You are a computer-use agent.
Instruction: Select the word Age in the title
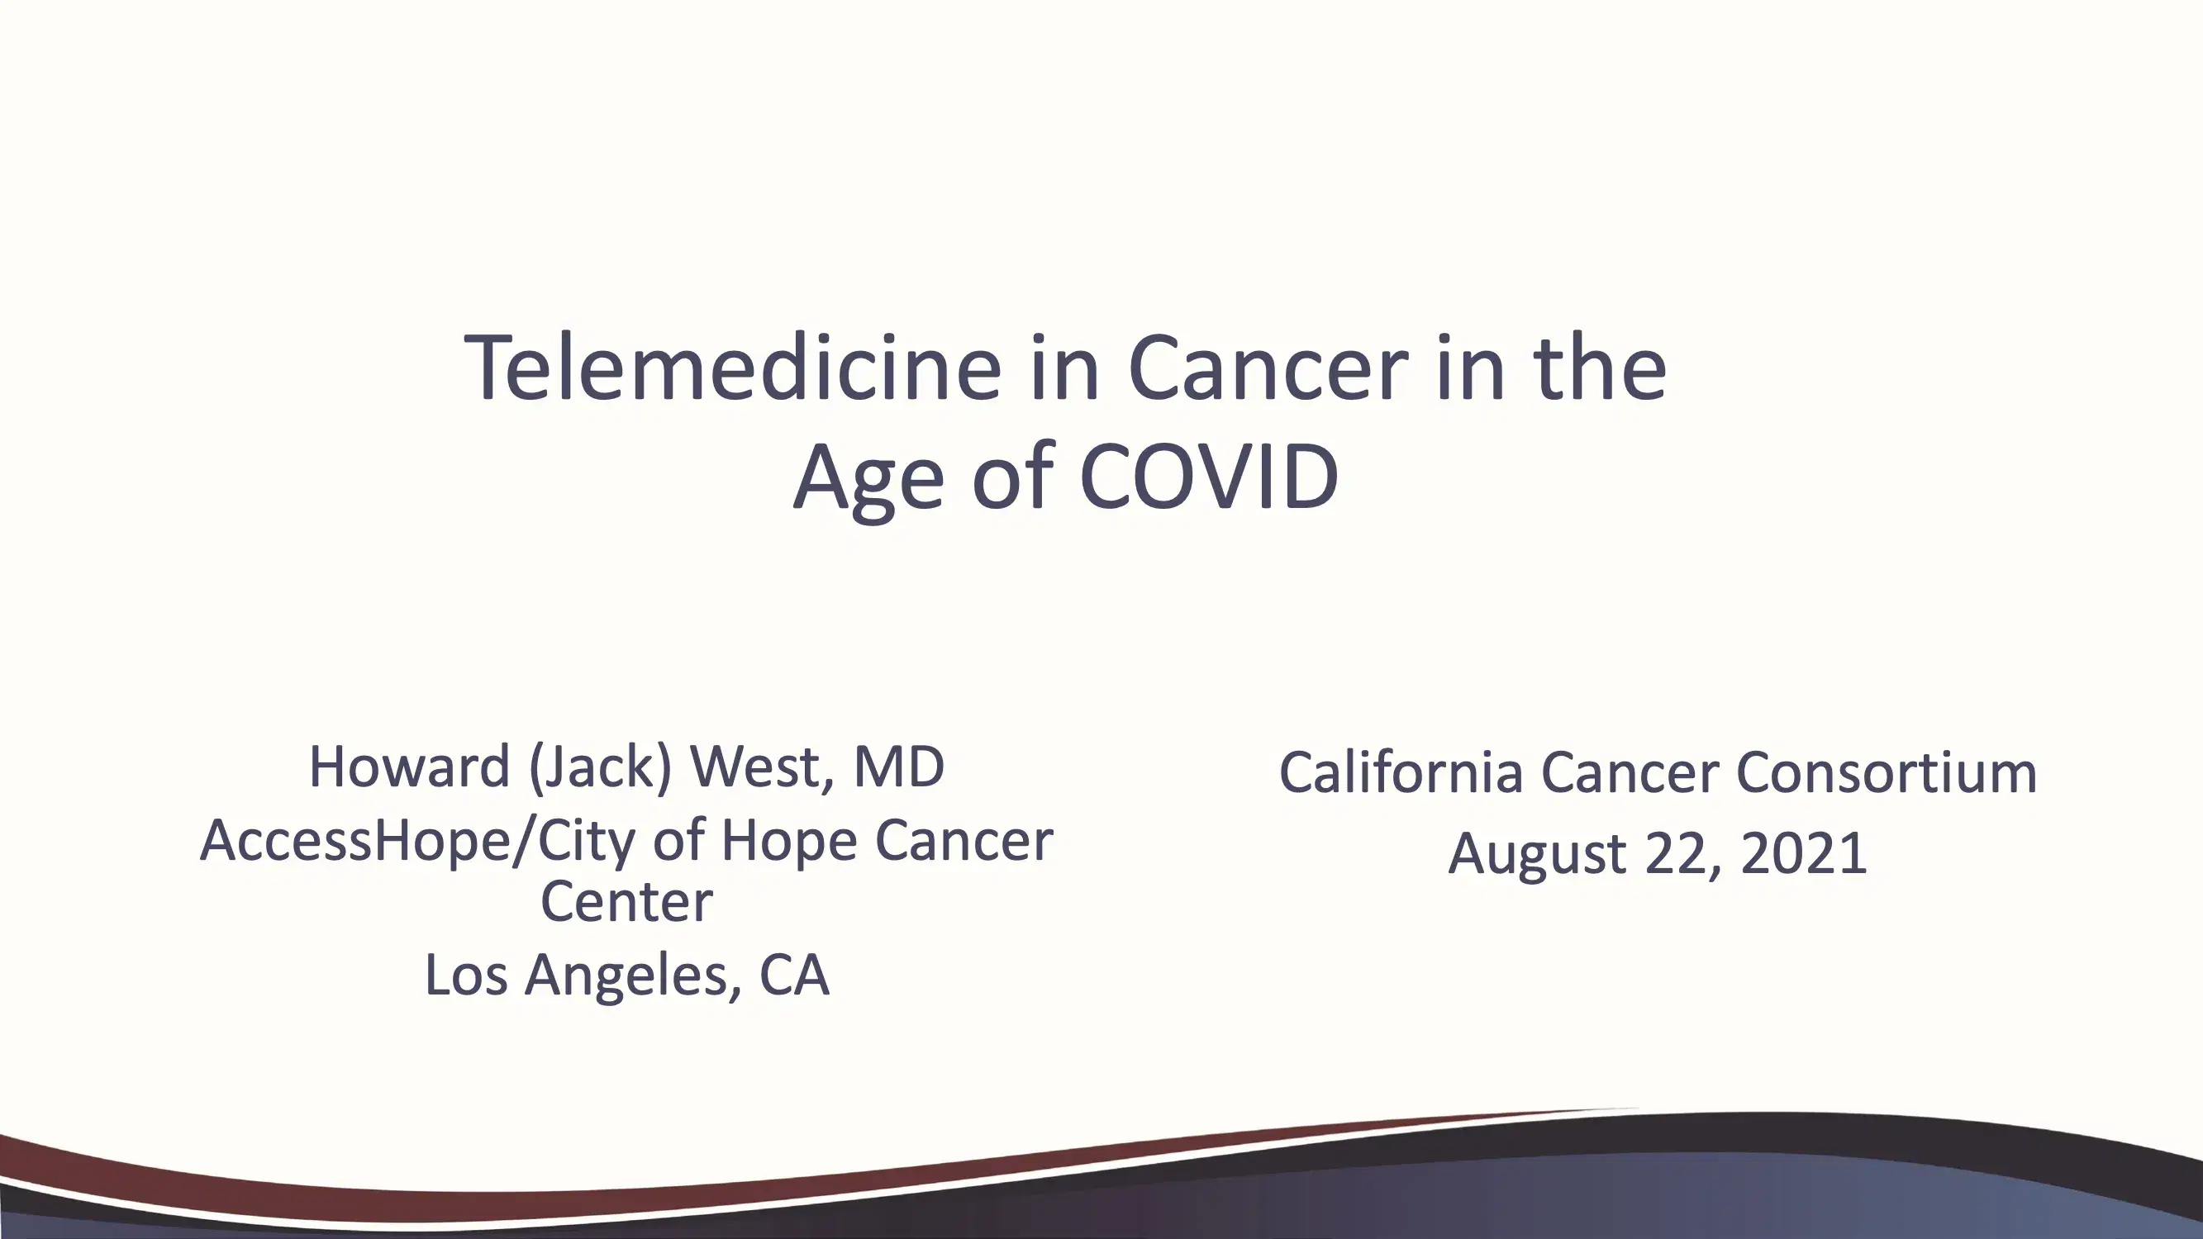pyautogui.click(x=868, y=481)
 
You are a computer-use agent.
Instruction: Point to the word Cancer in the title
pyautogui.click(x=1268, y=368)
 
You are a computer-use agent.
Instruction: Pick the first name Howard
pyautogui.click(x=409, y=767)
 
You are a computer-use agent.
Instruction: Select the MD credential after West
pyautogui.click(x=899, y=767)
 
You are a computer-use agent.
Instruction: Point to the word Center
pyautogui.click(x=627, y=901)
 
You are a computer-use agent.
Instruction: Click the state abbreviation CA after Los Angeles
pyautogui.click(x=794, y=974)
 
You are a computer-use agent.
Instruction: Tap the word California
pyautogui.click(x=1401, y=772)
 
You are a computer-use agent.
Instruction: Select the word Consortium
pyautogui.click(x=1887, y=772)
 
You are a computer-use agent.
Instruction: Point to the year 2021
pyautogui.click(x=1804, y=853)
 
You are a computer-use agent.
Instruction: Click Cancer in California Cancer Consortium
pyautogui.click(x=1630, y=772)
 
